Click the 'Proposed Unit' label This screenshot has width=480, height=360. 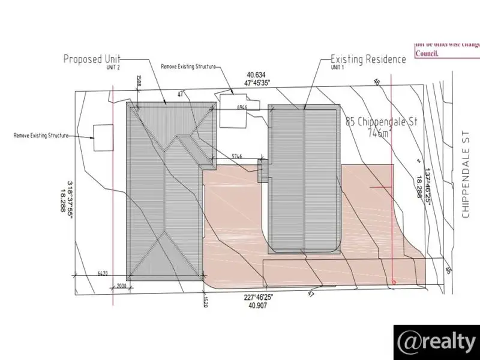pyautogui.click(x=92, y=59)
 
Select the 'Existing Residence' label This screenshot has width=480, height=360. pyautogui.click(x=368, y=59)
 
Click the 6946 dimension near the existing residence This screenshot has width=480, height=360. pyautogui.click(x=242, y=107)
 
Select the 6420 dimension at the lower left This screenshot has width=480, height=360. pyautogui.click(x=103, y=274)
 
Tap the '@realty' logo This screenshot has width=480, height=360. pyautogui.click(x=436, y=341)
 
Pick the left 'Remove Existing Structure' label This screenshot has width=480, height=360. pyautogui.click(x=41, y=136)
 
